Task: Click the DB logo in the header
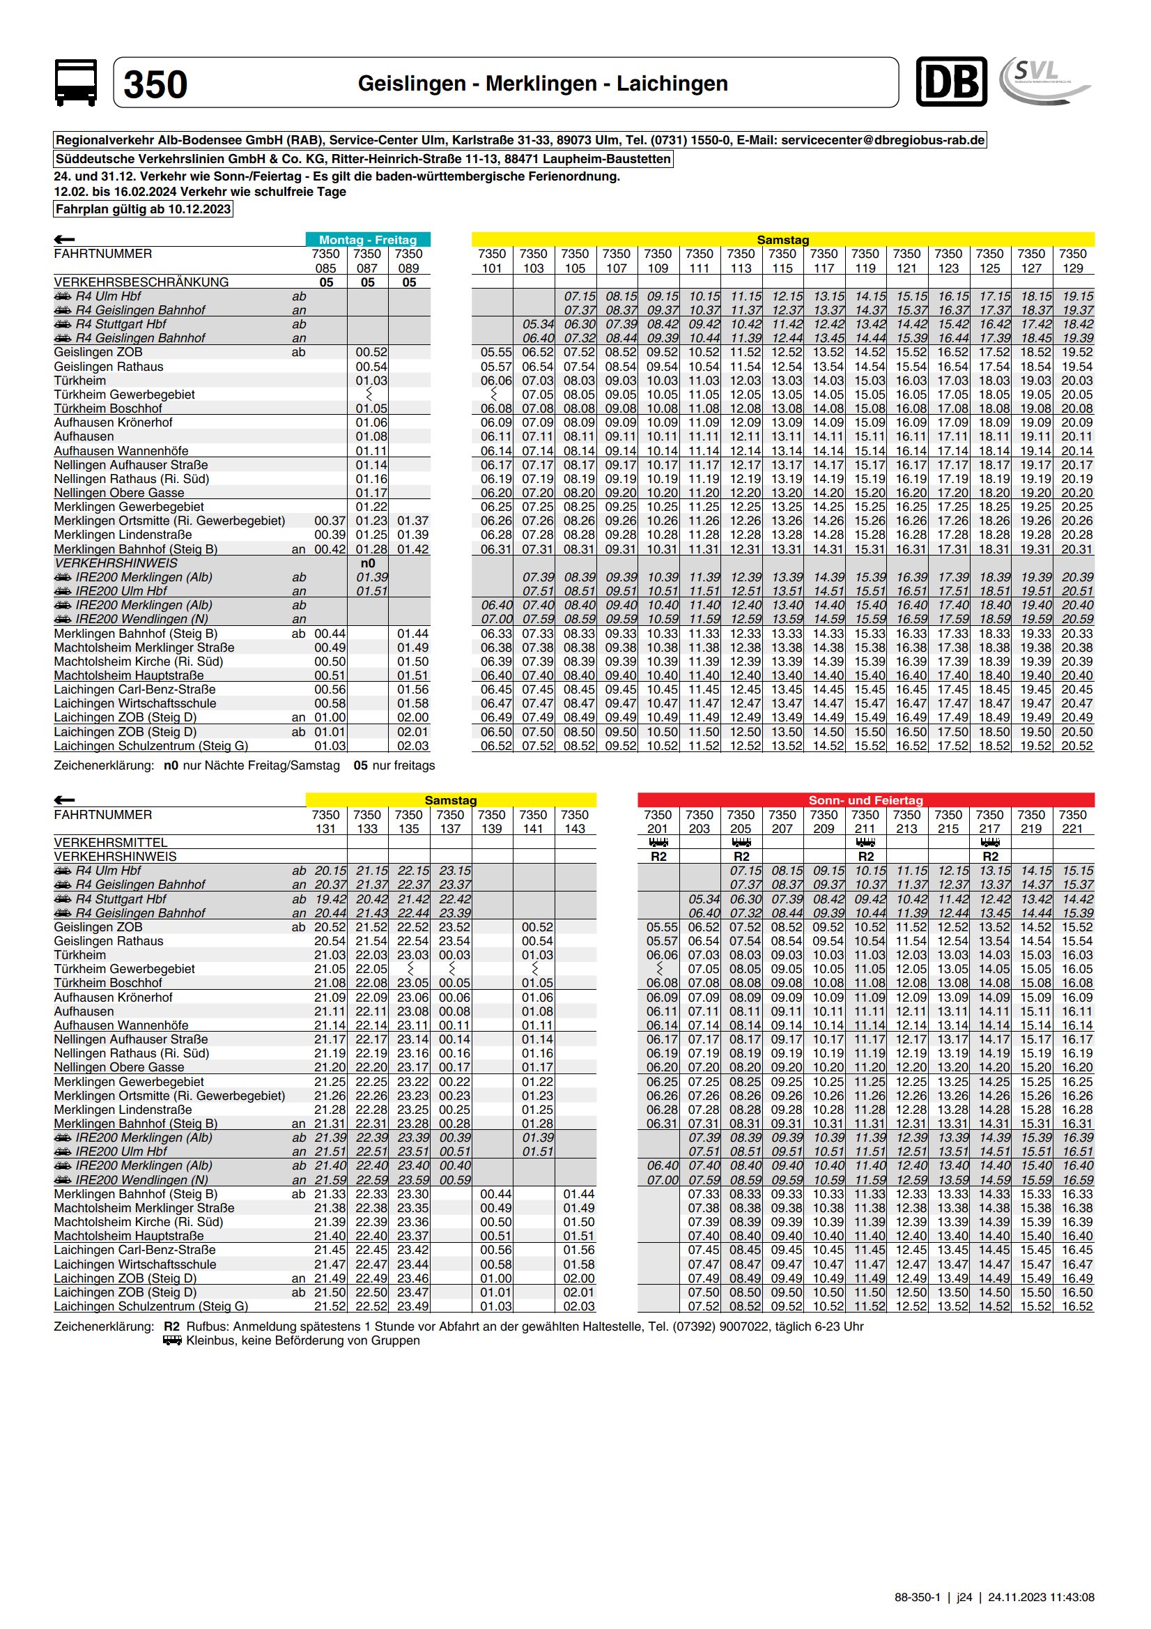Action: click(951, 82)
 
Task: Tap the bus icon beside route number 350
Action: click(76, 83)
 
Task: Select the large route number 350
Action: click(155, 84)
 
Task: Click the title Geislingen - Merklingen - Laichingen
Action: click(543, 84)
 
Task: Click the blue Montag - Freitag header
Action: click(367, 240)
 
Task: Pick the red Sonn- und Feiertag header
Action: click(865, 800)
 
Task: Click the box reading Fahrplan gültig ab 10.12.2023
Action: click(144, 209)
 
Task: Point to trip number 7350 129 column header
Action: click(1072, 261)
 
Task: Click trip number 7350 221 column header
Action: click(1072, 822)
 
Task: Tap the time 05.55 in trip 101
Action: click(491, 353)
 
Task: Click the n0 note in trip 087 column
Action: click(367, 563)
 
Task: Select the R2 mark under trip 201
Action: click(658, 857)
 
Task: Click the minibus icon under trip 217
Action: click(990, 843)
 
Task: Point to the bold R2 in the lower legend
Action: click(171, 1326)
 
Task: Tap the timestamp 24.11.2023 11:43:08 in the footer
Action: click(1040, 1597)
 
